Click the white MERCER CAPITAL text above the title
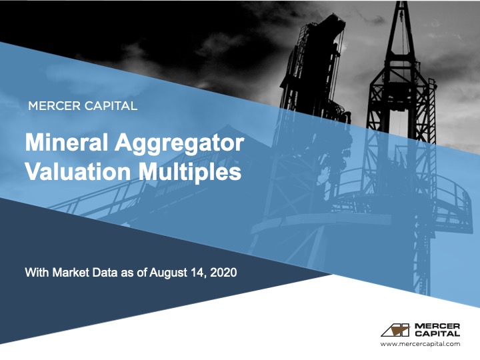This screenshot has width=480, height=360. click(83, 105)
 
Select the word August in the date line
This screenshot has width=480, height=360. click(170, 273)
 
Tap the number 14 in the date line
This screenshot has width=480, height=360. click(199, 273)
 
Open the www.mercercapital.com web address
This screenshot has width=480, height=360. click(420, 344)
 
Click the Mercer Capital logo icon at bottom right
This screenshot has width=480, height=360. click(396, 329)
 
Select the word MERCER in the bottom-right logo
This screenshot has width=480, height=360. click(437, 325)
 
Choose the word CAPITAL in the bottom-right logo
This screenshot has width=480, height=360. click(437, 333)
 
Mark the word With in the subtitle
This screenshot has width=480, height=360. click(36, 273)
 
